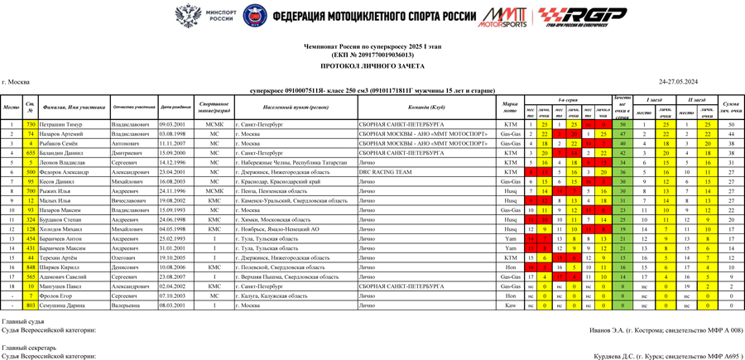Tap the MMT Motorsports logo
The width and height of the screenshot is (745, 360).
[x=502, y=17]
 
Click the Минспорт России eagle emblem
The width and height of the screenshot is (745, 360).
[x=189, y=16]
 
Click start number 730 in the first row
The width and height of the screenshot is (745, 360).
[x=31, y=124]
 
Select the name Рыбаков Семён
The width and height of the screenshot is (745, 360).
[x=61, y=143]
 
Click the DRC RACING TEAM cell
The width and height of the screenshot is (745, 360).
[x=385, y=172]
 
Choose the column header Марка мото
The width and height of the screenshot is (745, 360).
[x=510, y=108]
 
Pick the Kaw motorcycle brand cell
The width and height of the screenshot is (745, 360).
[x=510, y=305]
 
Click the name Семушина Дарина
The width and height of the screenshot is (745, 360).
[x=65, y=305]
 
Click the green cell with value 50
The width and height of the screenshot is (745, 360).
[x=622, y=124]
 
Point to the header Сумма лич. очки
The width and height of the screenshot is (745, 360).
[x=730, y=108]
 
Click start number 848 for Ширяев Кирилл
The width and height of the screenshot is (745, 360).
[x=31, y=267]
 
